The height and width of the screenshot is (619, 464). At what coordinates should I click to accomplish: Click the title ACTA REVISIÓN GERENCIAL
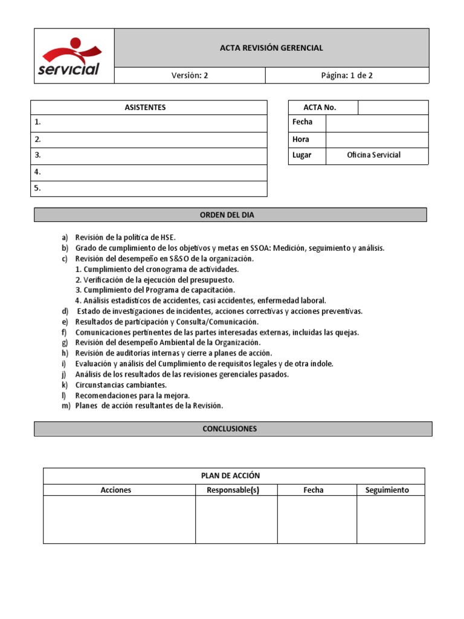tap(271, 48)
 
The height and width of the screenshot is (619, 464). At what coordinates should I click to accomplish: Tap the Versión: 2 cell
tap(189, 76)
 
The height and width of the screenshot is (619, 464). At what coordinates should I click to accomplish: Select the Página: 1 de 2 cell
tap(347, 76)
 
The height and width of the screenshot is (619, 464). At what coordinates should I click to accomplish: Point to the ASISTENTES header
tap(149, 108)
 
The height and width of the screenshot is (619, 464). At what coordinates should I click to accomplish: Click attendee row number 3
tap(149, 155)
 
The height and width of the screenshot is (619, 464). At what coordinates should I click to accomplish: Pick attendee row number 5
tap(149, 188)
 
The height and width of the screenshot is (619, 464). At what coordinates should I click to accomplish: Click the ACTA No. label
tap(320, 108)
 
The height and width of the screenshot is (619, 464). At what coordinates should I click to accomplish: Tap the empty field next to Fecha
tap(376, 123)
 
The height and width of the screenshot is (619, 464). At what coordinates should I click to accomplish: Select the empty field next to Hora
tap(376, 139)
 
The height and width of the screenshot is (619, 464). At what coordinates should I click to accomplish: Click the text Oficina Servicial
tap(373, 155)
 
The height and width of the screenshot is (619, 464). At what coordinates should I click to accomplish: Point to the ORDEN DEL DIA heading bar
tap(230, 215)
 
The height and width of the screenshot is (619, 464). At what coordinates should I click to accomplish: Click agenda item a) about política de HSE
tap(125, 238)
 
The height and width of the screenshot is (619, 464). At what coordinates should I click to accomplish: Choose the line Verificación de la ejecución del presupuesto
tap(155, 280)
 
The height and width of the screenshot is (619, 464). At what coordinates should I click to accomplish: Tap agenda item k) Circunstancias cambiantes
tap(120, 385)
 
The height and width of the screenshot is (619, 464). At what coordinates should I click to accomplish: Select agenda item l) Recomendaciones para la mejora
tap(132, 395)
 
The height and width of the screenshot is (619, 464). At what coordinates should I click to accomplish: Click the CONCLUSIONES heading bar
tap(233, 429)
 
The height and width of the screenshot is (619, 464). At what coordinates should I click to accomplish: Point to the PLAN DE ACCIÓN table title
tap(233, 476)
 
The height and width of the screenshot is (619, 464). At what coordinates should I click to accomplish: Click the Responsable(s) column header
tap(233, 490)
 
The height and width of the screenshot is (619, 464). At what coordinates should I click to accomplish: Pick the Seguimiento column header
tap(387, 490)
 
